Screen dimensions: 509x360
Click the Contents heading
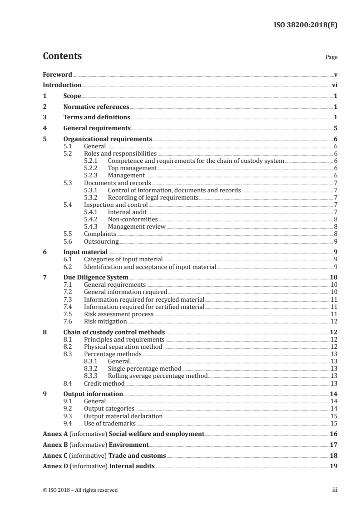(62, 56)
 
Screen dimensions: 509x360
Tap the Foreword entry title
(57, 74)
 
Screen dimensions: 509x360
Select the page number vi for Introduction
(334, 85)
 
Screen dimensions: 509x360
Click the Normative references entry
(96, 107)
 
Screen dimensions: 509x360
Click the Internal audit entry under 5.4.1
(128, 212)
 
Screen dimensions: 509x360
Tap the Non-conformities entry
(133, 219)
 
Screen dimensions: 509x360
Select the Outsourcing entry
(101, 241)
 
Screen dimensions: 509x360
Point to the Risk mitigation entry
(105, 321)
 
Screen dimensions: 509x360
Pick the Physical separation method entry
(123, 347)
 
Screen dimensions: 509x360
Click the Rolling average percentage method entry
(158, 376)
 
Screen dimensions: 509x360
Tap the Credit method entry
(104, 383)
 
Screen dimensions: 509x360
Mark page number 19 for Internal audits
(334, 466)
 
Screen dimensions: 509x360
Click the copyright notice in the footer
(80, 490)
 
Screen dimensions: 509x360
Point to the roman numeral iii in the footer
(335, 490)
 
